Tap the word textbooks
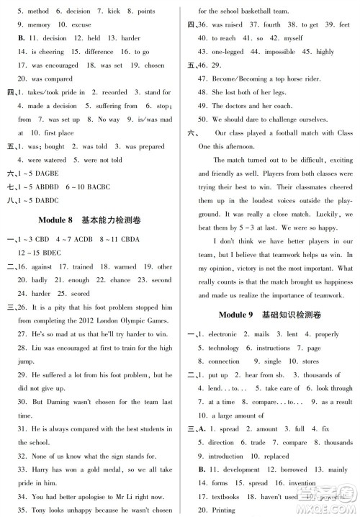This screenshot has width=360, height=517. [229, 497]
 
